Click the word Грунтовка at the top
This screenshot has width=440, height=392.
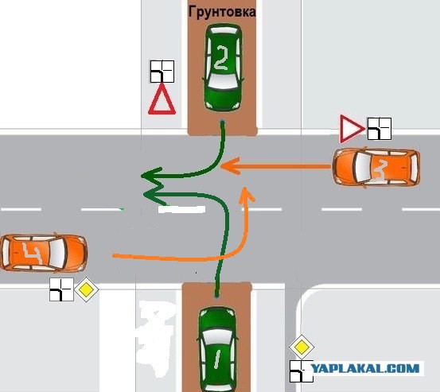click(222, 12)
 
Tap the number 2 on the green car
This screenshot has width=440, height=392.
click(221, 57)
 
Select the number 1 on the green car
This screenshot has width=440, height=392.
click(216, 359)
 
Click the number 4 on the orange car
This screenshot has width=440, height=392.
click(32, 254)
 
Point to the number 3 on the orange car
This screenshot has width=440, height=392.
click(380, 169)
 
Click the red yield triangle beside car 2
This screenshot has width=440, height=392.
click(162, 99)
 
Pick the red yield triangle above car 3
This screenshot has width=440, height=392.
click(352, 129)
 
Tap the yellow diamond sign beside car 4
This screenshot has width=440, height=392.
click(86, 289)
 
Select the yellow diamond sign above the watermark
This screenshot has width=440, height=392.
click(302, 347)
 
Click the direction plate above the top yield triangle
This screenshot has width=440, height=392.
click(162, 72)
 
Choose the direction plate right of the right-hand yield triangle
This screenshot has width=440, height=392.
click(380, 129)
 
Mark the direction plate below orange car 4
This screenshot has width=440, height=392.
click(61, 289)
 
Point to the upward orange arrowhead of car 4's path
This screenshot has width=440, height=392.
click(247, 195)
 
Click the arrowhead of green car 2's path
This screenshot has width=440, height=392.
click(152, 176)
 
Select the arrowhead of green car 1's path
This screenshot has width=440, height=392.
click(154, 195)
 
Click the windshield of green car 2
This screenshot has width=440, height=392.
click(223, 82)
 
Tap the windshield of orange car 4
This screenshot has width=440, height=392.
click(57, 253)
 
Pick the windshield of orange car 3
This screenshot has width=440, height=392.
click(363, 168)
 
